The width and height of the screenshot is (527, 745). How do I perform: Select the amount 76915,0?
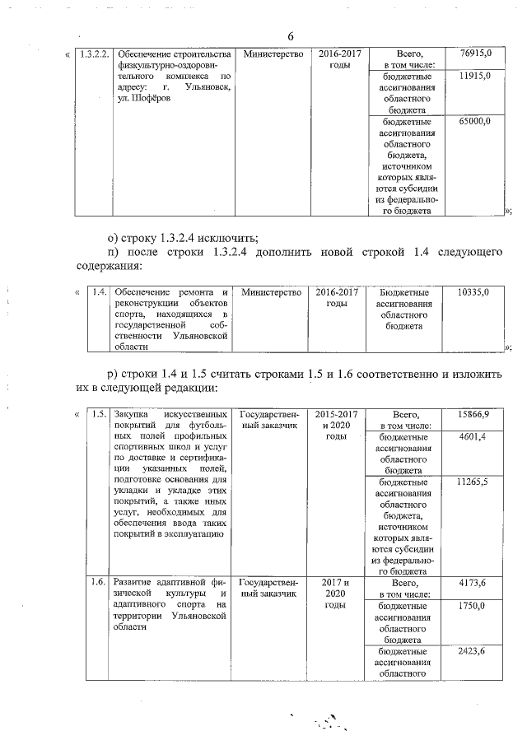click(477, 54)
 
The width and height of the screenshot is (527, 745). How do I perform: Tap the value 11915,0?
click(477, 76)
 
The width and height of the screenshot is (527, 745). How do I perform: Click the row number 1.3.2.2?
click(91, 54)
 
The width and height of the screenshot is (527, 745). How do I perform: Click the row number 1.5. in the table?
click(97, 414)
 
